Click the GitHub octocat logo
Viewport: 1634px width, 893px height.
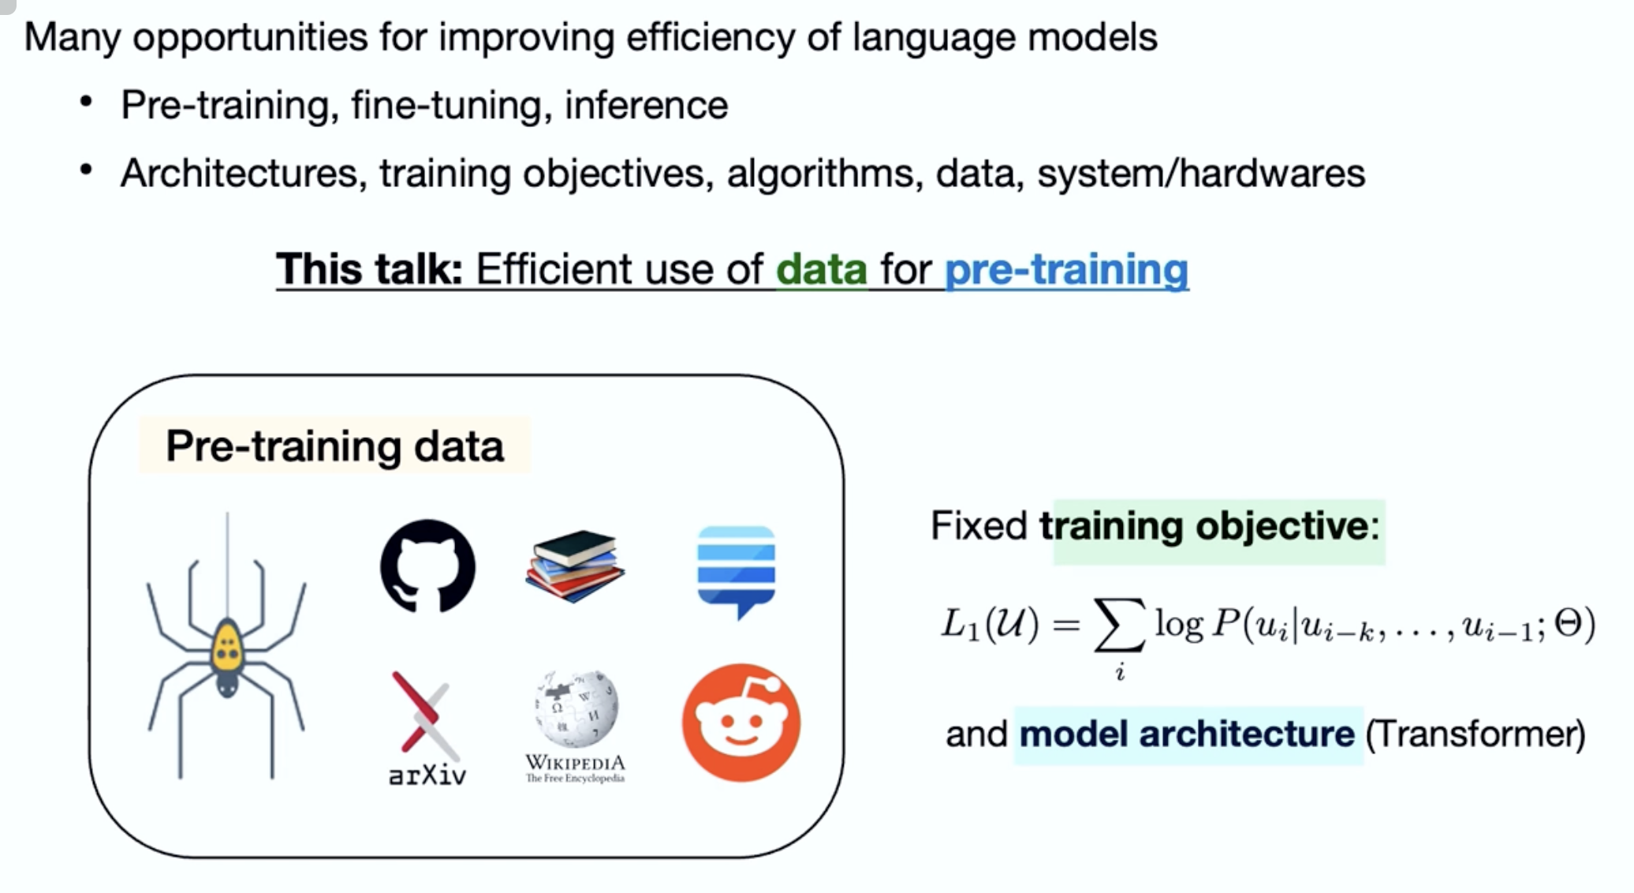click(427, 566)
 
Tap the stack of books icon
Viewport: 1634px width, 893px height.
click(575, 566)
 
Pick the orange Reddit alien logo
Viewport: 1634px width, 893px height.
click(741, 723)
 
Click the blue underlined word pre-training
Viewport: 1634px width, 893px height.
click(1066, 270)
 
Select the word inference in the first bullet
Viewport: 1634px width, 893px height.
click(646, 106)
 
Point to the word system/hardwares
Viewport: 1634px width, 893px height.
click(1200, 174)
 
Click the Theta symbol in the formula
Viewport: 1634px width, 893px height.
click(1569, 624)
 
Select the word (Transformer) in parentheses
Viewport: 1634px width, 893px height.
click(1475, 734)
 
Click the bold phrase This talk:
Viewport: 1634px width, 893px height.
click(369, 269)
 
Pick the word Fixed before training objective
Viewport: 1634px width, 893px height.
click(979, 525)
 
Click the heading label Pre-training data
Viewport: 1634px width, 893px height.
click(334, 447)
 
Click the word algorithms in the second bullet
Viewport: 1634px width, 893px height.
click(825, 174)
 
